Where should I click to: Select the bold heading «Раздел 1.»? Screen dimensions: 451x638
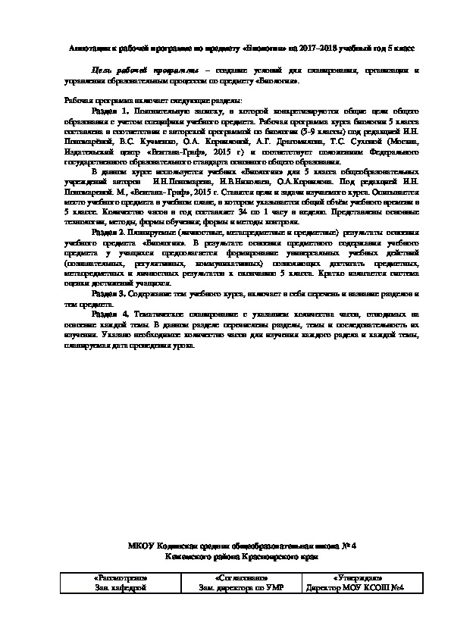108,111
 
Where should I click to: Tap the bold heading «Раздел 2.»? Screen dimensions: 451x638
108,232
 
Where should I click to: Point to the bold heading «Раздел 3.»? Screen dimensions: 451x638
108,292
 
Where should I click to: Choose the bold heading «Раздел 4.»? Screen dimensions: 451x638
108,313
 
